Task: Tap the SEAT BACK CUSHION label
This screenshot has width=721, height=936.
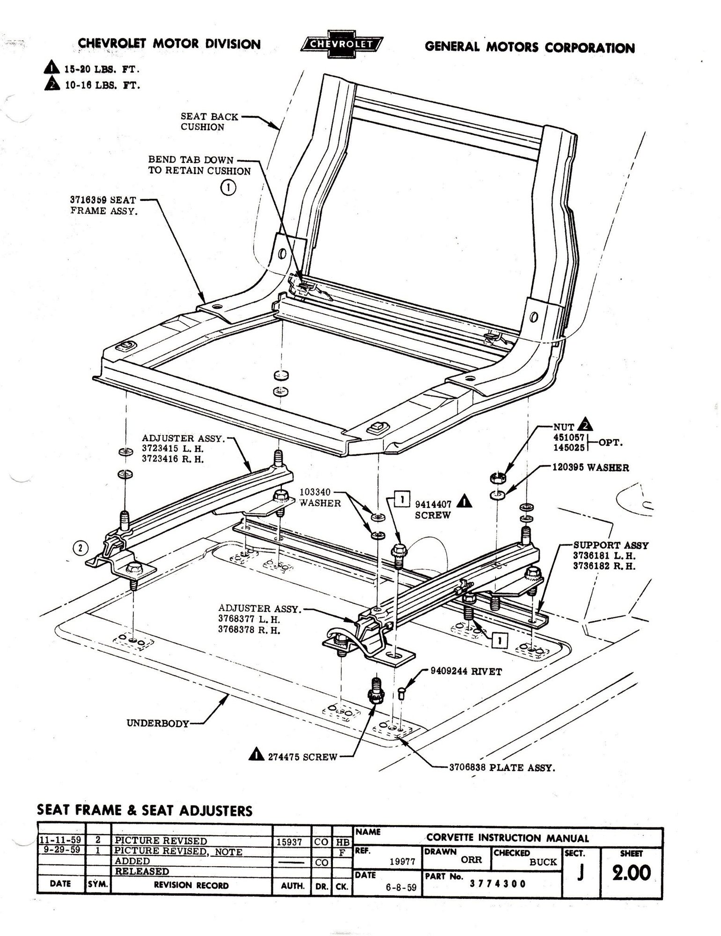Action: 209,122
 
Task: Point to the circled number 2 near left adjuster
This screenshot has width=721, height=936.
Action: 80,547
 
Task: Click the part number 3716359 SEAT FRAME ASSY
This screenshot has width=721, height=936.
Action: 104,205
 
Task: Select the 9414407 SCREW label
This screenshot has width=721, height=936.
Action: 433,509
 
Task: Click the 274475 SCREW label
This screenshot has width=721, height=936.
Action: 302,757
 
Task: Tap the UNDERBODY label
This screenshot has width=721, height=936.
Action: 157,723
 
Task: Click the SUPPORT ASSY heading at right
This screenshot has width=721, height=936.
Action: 611,545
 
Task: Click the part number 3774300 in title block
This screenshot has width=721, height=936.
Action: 498,884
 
